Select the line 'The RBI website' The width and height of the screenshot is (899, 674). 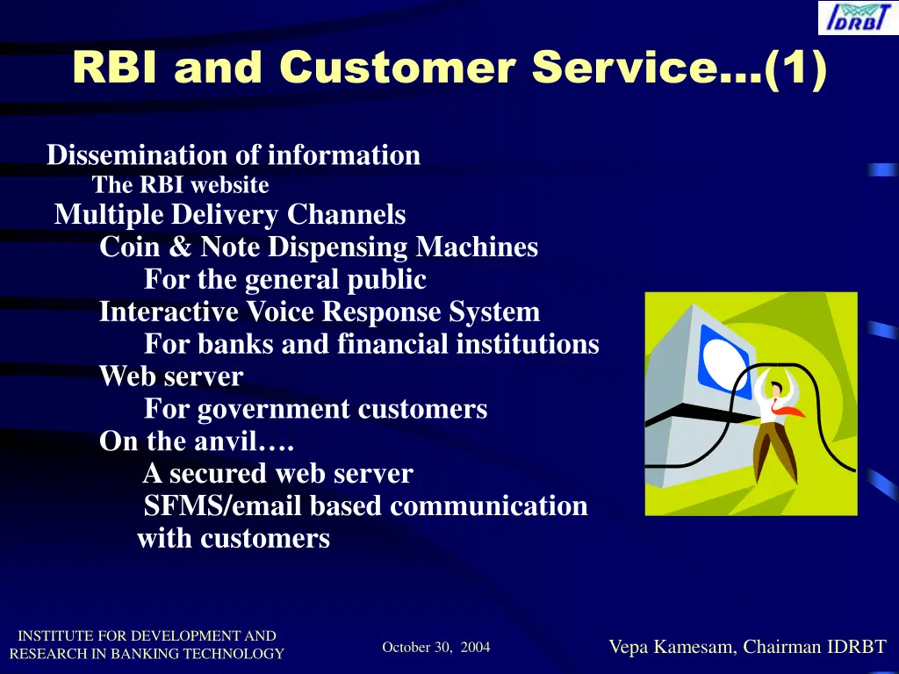(180, 186)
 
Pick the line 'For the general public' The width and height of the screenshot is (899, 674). (284, 280)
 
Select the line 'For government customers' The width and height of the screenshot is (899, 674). (315, 409)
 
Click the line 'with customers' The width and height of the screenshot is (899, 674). (234, 538)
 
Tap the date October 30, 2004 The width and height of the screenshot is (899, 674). (436, 648)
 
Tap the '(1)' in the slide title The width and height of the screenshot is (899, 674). (795, 68)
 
